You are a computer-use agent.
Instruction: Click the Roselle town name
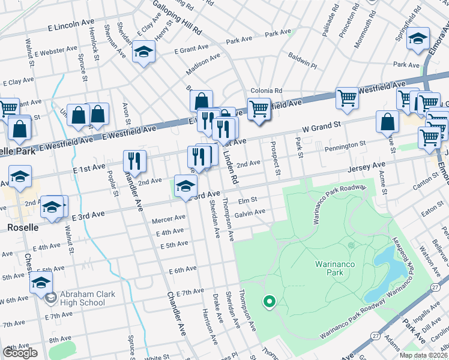point(22,227)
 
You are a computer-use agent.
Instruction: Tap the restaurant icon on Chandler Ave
point(134,161)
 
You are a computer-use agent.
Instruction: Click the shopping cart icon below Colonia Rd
point(259,109)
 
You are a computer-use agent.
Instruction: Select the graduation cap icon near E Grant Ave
point(144,53)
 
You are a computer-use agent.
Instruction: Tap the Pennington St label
point(345,145)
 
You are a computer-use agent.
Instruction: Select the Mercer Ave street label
point(168,219)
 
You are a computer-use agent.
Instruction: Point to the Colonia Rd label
point(267,91)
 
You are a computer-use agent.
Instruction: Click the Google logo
point(20,353)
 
